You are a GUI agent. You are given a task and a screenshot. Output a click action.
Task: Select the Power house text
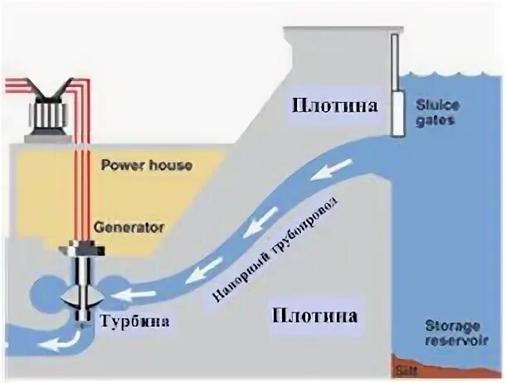tap(146, 165)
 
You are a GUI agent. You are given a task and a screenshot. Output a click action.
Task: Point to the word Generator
tap(129, 225)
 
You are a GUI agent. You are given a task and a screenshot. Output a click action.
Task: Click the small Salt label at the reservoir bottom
tap(407, 362)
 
